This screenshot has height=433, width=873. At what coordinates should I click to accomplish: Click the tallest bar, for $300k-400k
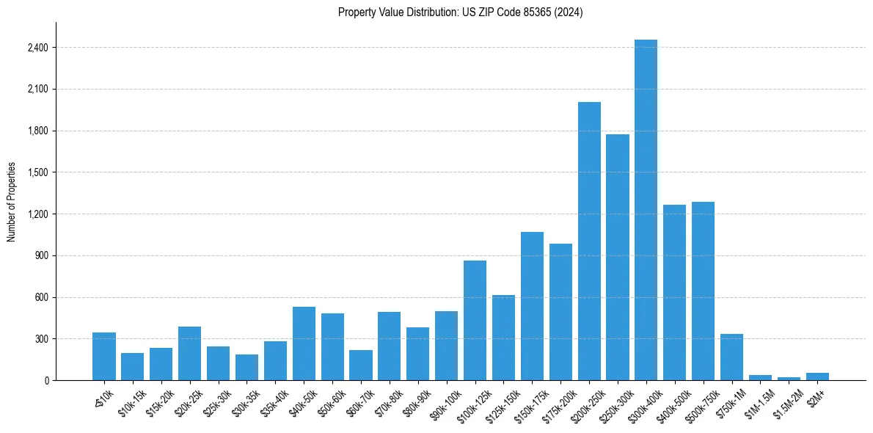(646, 213)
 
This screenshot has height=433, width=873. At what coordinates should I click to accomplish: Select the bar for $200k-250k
(589, 242)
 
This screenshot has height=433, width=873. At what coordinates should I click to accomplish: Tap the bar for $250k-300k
(618, 257)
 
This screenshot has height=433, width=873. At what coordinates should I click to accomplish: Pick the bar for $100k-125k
(475, 321)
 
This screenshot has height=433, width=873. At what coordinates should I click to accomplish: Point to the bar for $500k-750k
(703, 291)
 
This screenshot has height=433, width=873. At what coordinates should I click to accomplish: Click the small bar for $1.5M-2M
(789, 379)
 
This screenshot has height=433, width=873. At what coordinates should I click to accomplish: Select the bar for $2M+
(817, 377)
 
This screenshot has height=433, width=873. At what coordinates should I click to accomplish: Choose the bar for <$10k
(104, 357)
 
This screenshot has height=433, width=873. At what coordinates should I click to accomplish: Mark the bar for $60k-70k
(361, 365)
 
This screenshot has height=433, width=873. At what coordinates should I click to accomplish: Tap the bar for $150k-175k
(532, 306)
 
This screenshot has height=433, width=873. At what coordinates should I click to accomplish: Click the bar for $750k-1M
(731, 357)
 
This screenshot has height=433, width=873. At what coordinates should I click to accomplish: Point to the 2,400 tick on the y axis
(37, 48)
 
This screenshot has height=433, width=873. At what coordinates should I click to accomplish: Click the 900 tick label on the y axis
(41, 256)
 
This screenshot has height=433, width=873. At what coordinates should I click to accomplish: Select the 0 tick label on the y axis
(45, 381)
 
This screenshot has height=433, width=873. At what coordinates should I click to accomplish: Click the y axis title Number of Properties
(11, 202)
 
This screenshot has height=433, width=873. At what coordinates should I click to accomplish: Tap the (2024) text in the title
(569, 12)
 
